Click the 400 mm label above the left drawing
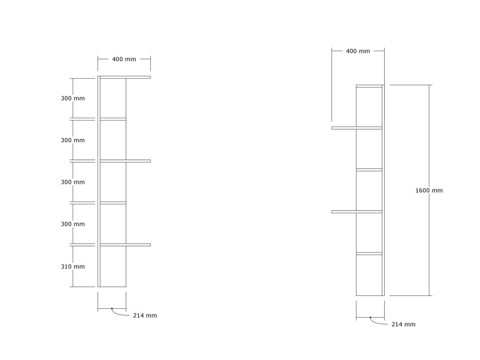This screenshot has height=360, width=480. coord(124,59)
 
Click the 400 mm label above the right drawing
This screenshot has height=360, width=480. coord(358,51)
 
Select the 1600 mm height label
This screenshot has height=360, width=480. coord(429,190)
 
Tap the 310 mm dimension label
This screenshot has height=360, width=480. coord(73,266)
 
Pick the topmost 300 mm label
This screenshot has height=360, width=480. coord(73,98)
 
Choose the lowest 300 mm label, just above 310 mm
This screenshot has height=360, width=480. coord(73,224)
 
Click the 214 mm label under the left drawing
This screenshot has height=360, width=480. coord(145,316)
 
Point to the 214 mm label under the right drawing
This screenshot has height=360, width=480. coord(403,324)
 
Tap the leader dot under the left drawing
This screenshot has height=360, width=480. coord(112,309)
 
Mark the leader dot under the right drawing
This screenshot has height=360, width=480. coord(370,317)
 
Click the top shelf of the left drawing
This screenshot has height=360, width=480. coord(125,77)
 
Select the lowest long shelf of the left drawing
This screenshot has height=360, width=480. coord(125,245)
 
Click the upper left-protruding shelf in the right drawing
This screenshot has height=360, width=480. coord(357,128)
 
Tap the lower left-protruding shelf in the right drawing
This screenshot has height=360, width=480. coord(357,212)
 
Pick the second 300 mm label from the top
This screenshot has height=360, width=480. coord(73,140)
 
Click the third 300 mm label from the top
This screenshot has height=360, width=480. coord(73,182)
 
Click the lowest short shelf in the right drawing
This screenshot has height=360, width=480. coord(369,254)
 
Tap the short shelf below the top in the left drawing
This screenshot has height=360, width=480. coord(113,119)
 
